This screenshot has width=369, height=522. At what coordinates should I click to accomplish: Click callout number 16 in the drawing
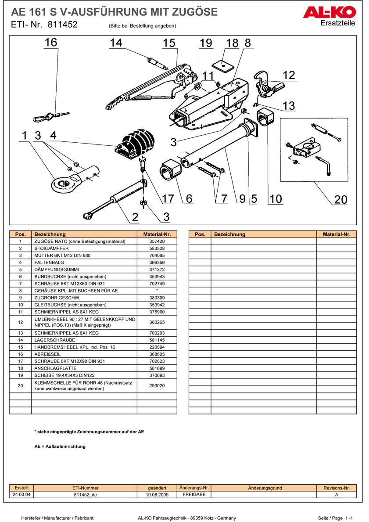tap(51, 43)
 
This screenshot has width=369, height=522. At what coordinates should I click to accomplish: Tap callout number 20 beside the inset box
tap(340, 199)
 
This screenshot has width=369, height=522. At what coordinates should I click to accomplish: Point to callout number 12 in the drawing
tap(289, 75)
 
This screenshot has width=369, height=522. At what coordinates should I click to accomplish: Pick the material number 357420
tap(157, 241)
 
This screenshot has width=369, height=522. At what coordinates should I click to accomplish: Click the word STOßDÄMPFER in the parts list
tap(51, 248)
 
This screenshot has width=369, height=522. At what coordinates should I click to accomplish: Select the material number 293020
tap(157, 385)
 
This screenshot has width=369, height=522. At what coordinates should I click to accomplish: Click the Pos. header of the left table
tap(20, 234)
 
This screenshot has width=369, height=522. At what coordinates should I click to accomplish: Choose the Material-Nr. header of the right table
tap(337, 234)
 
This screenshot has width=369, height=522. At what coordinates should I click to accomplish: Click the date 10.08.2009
tap(157, 494)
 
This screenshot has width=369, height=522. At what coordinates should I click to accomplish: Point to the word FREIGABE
tap(194, 494)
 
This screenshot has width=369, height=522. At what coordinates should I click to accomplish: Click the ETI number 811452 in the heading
tap(63, 25)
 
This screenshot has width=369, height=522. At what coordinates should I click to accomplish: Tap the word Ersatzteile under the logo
tap(338, 23)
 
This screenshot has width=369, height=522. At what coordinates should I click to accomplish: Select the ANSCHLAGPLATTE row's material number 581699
tap(157, 368)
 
